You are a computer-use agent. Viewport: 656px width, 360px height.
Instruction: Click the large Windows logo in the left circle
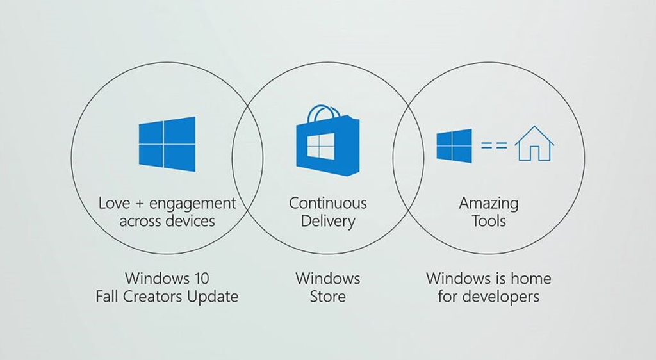[x=167, y=144]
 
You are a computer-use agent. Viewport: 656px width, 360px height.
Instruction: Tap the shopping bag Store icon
[x=327, y=140]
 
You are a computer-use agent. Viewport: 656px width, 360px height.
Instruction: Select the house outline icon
[x=534, y=143]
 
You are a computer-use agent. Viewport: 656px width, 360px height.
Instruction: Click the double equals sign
[x=494, y=145]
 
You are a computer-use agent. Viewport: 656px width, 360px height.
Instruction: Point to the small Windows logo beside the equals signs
[x=454, y=145]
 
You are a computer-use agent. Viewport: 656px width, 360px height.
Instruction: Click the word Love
[x=114, y=203]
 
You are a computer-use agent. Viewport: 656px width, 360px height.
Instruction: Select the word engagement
[x=193, y=204]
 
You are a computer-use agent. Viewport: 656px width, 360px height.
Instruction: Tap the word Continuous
[x=327, y=203]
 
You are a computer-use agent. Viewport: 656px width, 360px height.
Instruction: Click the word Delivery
[x=327, y=221]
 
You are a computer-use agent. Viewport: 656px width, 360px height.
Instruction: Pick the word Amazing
[x=489, y=204]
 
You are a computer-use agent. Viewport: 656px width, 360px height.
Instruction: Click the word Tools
[x=489, y=221]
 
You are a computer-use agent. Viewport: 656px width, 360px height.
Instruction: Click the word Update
[x=213, y=297]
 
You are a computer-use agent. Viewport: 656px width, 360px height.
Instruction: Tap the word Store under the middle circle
[x=327, y=297]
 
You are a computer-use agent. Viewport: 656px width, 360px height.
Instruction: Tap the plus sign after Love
[x=140, y=204]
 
